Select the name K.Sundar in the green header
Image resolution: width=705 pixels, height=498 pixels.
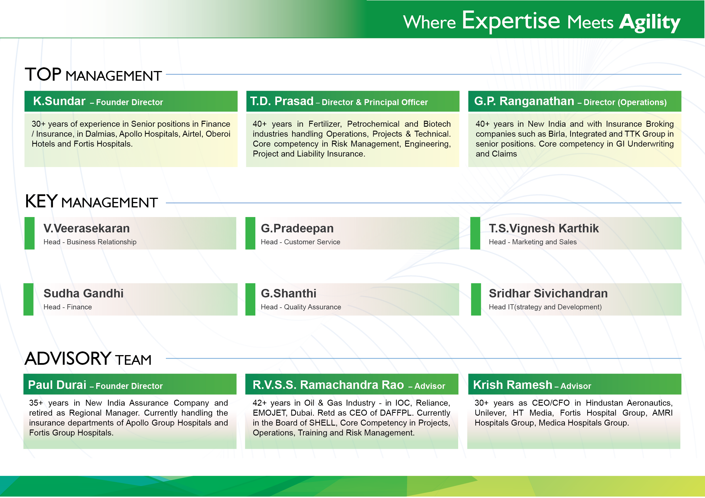coord(59,101)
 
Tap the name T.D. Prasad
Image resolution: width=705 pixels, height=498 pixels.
coord(282,101)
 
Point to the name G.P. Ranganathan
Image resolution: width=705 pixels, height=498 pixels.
coord(524,101)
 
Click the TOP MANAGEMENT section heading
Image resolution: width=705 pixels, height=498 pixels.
coord(93,75)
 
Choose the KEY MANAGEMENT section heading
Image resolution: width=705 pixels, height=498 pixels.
coord(91,201)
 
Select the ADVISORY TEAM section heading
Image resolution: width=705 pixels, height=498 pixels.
coord(88,359)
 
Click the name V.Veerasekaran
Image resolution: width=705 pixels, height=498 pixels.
coord(87,228)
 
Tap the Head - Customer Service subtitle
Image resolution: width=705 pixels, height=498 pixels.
coord(300,242)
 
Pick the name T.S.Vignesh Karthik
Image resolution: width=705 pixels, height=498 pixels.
coord(544,228)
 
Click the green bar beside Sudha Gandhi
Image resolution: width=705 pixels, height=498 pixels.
coord(29,299)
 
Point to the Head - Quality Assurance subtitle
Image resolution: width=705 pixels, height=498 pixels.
coord(301,307)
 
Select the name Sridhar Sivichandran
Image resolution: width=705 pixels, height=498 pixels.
coord(548,293)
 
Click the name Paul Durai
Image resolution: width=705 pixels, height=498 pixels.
coord(57,385)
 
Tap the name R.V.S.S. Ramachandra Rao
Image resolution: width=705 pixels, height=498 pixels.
coord(328,385)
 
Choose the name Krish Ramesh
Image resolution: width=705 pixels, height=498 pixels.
coord(513,385)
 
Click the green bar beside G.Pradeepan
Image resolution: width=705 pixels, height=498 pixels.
coord(251,233)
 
